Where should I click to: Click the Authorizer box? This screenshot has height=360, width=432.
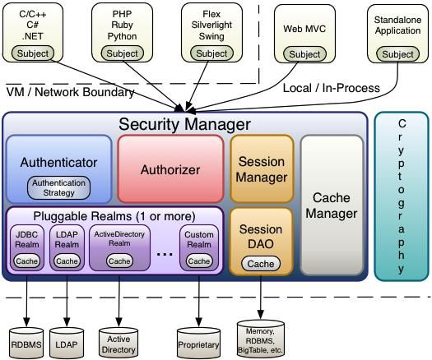coord(170,169)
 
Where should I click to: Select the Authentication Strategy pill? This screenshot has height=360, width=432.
coord(59,187)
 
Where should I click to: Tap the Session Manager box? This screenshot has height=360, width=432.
coord(261,169)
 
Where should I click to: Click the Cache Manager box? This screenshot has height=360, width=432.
coord(332,205)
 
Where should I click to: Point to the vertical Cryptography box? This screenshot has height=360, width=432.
coord(401,196)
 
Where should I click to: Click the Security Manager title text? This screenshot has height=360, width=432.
coord(184,125)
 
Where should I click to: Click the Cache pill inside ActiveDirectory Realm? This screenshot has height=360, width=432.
coord(119,261)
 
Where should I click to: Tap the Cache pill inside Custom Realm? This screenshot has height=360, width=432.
coord(199,261)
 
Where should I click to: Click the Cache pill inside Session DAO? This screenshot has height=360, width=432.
coord(261,264)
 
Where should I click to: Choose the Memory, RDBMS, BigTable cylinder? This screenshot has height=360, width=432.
coord(261,336)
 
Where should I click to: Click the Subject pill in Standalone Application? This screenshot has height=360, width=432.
coord(398,54)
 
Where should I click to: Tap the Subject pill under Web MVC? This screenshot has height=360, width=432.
coord(304,54)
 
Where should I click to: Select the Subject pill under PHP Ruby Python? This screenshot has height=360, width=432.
coord(122,53)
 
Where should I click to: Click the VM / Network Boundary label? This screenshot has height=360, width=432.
coord(70,92)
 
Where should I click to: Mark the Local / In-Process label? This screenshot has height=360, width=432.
coord(331,88)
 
